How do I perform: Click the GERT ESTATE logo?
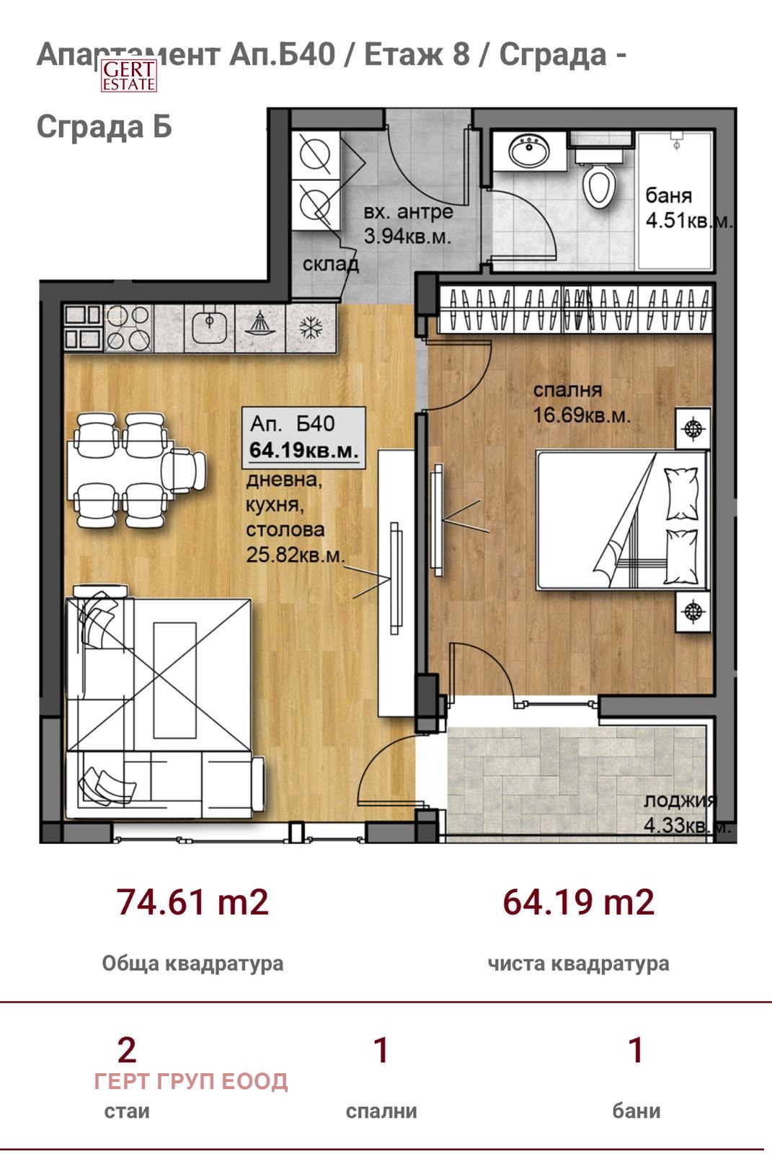pyautogui.click(x=129, y=75)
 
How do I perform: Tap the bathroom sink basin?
pyautogui.click(x=529, y=151)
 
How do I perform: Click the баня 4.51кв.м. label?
pyautogui.click(x=688, y=208)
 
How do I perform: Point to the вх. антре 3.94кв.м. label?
pyautogui.click(x=408, y=224)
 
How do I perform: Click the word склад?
pyautogui.click(x=331, y=264)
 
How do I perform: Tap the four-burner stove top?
pyautogui.click(x=128, y=328)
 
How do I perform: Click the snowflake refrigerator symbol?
pyautogui.click(x=311, y=327)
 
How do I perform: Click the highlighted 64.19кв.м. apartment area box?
pyautogui.click(x=304, y=437)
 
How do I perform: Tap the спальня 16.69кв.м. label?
pyautogui.click(x=582, y=403)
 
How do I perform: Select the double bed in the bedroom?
pyautogui.click(x=621, y=520)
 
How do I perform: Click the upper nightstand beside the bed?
pyautogui.click(x=693, y=428)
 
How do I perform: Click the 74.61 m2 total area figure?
pyautogui.click(x=192, y=902)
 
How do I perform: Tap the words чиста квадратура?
pyautogui.click(x=578, y=964)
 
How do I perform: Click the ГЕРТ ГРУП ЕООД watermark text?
pyautogui.click(x=191, y=1081)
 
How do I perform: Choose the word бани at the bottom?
pyautogui.click(x=636, y=1111)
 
